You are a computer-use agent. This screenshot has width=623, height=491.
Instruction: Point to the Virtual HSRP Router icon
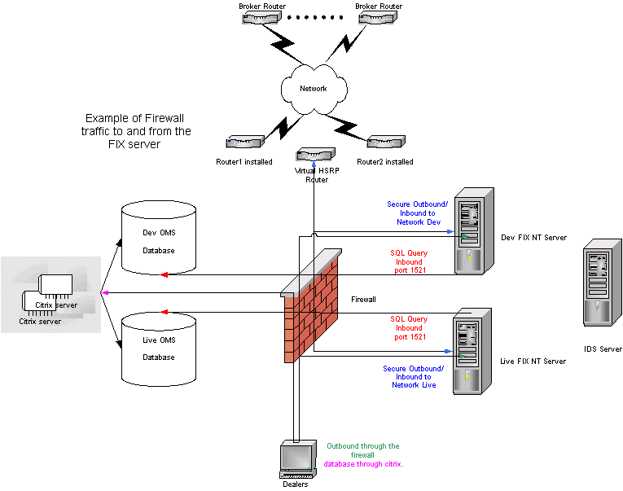314,155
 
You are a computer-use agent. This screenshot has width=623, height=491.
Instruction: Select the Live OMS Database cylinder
159,348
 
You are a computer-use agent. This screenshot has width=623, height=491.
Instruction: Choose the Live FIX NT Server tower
472,349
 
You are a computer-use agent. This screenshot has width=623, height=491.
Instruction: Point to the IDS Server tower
601,289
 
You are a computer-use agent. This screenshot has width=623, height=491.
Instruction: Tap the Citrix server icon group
50,296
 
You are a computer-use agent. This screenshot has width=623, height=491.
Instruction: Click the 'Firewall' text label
363,300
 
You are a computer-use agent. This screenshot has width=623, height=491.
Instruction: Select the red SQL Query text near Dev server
408,260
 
